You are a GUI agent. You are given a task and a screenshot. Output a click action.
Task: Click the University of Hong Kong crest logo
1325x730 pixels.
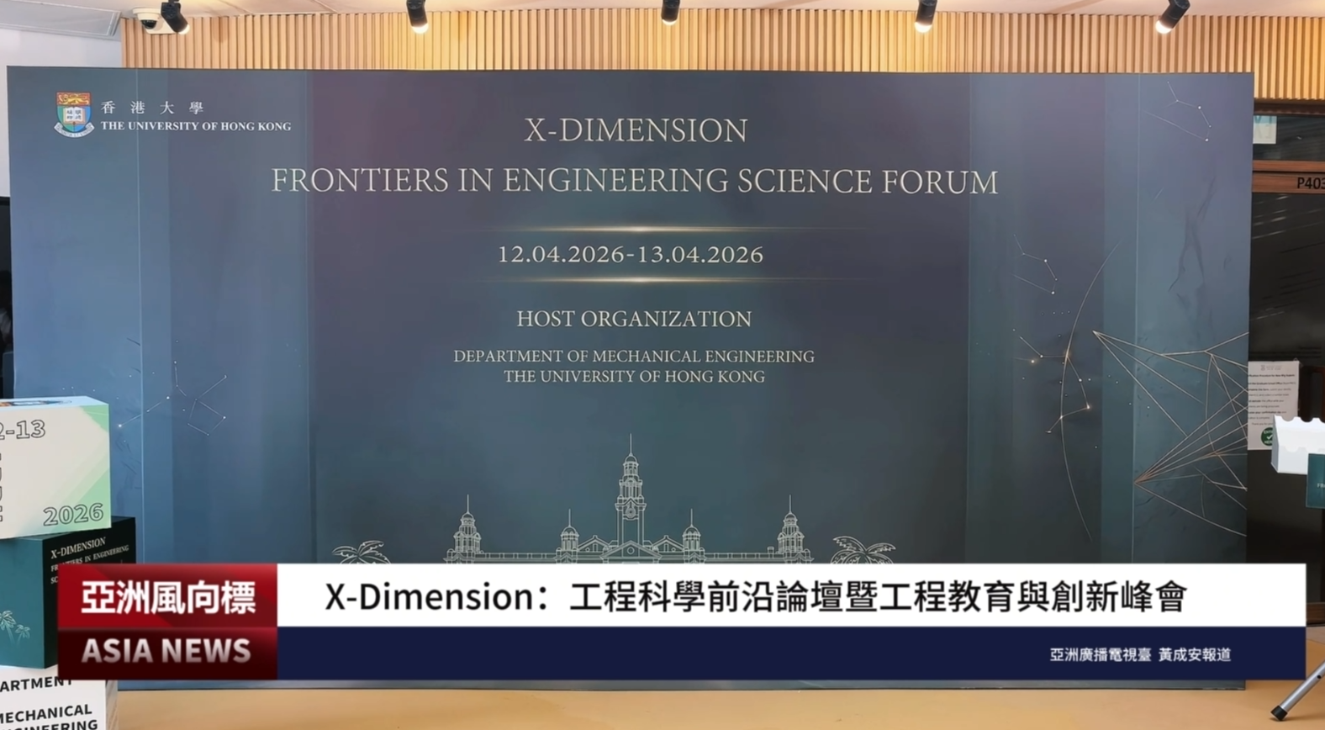[73, 114]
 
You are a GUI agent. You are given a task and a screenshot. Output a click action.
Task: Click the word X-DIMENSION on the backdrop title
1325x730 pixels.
[636, 130]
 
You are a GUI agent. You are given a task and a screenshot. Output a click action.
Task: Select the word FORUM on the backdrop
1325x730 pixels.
[939, 182]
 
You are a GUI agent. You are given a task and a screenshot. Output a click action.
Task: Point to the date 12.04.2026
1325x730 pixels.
[561, 254]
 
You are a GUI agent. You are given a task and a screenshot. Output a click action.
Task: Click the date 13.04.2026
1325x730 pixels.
[700, 254]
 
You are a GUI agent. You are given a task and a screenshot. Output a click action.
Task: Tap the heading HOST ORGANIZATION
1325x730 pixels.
[634, 319]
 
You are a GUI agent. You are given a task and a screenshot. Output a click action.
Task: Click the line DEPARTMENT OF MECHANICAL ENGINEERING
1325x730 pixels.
[634, 357]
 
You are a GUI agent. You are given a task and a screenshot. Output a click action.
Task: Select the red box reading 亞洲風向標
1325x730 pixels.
[168, 596]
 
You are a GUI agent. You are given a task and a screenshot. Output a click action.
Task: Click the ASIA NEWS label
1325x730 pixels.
[166, 651]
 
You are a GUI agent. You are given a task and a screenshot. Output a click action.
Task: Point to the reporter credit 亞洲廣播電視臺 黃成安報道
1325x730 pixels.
[1140, 654]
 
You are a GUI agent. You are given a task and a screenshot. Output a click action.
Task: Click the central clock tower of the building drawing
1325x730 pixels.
[630, 488]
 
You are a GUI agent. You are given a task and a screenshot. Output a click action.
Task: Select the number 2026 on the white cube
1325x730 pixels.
[73, 514]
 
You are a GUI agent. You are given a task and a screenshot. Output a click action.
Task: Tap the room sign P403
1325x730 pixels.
[1309, 182]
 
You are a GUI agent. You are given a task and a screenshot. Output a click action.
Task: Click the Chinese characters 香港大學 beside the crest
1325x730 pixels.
[152, 108]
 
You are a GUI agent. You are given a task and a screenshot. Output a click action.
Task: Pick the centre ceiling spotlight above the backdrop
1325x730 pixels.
[670, 12]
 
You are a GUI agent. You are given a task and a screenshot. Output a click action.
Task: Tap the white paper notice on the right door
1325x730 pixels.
[1272, 392]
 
